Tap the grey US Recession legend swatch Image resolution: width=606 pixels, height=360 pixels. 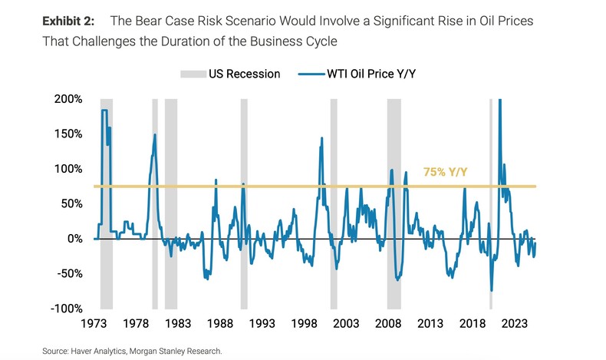click(x=194, y=74)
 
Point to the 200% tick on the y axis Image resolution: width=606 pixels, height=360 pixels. click(x=70, y=100)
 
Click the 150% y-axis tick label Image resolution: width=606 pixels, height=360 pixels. click(x=70, y=134)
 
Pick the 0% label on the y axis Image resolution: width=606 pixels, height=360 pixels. click(x=75, y=239)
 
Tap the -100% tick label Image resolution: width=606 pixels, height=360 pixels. click(x=68, y=309)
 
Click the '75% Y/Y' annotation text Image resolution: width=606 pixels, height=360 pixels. click(x=445, y=173)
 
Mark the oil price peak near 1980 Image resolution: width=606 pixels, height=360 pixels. click(x=155, y=135)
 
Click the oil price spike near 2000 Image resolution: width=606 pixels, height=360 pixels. click(x=321, y=139)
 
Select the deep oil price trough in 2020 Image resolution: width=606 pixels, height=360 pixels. click(x=491, y=290)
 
